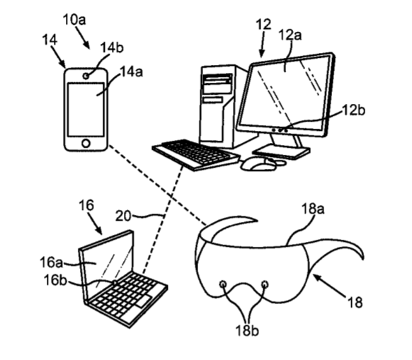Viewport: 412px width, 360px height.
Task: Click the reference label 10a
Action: click(74, 20)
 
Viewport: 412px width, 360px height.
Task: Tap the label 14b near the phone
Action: click(112, 47)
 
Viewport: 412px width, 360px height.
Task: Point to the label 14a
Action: click(132, 71)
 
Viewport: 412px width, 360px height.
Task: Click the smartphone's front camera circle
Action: click(86, 76)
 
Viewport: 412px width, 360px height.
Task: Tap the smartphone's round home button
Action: click(86, 144)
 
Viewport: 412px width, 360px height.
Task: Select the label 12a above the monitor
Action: click(290, 35)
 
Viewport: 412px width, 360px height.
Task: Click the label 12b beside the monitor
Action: click(354, 110)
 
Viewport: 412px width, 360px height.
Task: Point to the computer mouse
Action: click(259, 164)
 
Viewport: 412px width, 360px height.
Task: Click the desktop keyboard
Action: click(196, 155)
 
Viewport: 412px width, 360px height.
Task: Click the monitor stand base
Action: click(281, 152)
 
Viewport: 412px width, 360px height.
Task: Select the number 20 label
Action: click(123, 216)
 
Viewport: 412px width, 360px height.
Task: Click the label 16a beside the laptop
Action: click(51, 262)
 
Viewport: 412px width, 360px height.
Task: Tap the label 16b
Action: click(55, 280)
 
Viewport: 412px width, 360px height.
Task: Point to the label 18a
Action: click(313, 209)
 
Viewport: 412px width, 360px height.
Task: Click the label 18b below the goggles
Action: click(247, 330)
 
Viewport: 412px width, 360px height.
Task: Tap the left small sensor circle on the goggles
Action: click(223, 284)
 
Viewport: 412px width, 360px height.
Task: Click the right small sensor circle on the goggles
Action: click(265, 284)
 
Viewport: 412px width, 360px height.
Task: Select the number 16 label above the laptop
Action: click(86, 205)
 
